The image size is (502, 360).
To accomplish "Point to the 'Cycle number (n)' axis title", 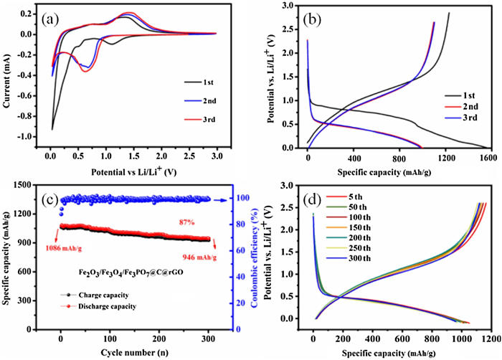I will coord(138,353).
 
